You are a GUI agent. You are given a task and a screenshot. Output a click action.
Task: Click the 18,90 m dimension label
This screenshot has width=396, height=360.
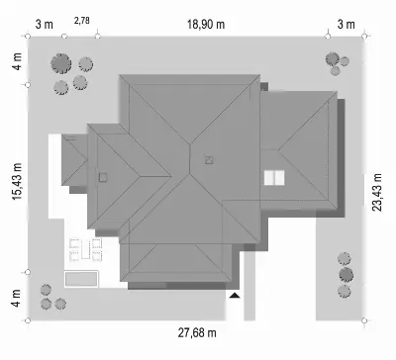point(206,25)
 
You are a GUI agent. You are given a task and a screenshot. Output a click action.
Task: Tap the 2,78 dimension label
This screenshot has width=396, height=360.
point(82,21)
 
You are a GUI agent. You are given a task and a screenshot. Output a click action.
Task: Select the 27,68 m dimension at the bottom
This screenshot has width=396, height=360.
point(197,332)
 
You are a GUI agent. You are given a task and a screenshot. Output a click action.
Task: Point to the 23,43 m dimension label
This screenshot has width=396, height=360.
point(377,192)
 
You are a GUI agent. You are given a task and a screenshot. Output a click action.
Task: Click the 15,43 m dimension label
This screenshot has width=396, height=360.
point(17,181)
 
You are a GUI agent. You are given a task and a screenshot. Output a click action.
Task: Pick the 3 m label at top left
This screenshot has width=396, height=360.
point(45,25)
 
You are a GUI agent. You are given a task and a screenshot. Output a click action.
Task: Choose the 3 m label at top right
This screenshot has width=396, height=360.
point(346,25)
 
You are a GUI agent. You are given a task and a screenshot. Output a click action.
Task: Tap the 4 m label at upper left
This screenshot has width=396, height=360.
point(17,61)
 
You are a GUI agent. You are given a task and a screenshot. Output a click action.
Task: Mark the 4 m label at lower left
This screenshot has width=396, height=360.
point(16,298)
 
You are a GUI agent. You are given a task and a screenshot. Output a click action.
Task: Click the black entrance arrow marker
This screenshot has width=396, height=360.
point(235,296)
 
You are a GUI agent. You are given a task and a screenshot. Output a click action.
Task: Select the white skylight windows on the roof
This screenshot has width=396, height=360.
point(274,178)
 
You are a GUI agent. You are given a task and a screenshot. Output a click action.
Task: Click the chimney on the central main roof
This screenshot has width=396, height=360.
point(209,160)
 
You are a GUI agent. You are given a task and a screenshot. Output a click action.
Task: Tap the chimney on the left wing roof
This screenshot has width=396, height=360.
point(103,177)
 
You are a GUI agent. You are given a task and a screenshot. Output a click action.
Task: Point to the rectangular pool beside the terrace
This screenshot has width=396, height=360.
point(81,279)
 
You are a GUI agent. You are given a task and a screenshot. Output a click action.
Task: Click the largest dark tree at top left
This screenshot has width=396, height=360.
point(61,63)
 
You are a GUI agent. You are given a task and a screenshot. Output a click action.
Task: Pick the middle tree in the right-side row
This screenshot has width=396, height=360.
point(346,275)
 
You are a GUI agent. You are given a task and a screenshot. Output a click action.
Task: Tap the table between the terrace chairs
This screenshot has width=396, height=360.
point(85,249)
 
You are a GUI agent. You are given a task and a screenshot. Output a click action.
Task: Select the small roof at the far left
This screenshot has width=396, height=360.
point(74,160)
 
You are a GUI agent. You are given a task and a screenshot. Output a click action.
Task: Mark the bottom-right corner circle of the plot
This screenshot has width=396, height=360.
point(364,320)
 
